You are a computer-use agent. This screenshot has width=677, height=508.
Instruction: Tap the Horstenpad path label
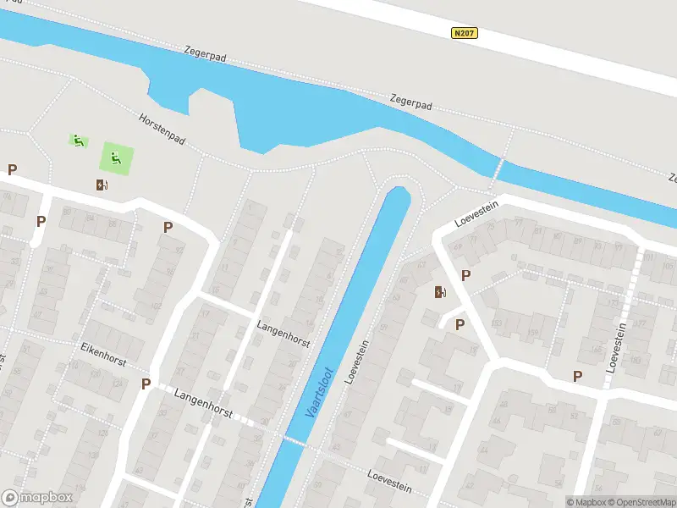[162, 128]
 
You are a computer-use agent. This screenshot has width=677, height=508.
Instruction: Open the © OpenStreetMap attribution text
[640, 501]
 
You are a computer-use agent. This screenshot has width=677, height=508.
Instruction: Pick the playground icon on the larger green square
[116, 157]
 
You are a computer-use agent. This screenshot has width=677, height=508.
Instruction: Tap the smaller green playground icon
[78, 141]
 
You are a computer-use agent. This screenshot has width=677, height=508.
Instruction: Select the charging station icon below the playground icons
[102, 185]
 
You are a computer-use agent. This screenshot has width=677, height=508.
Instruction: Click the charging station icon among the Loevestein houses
[440, 293]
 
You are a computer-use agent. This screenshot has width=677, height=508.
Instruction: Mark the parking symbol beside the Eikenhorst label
[146, 384]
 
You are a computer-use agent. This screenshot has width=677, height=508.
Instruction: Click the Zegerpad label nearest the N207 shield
[411, 102]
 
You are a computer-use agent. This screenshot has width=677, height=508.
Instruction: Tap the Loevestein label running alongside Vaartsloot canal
[357, 362]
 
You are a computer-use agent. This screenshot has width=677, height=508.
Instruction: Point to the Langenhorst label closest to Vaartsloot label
[283, 335]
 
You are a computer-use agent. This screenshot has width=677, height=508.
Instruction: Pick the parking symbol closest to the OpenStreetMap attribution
[578, 377]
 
